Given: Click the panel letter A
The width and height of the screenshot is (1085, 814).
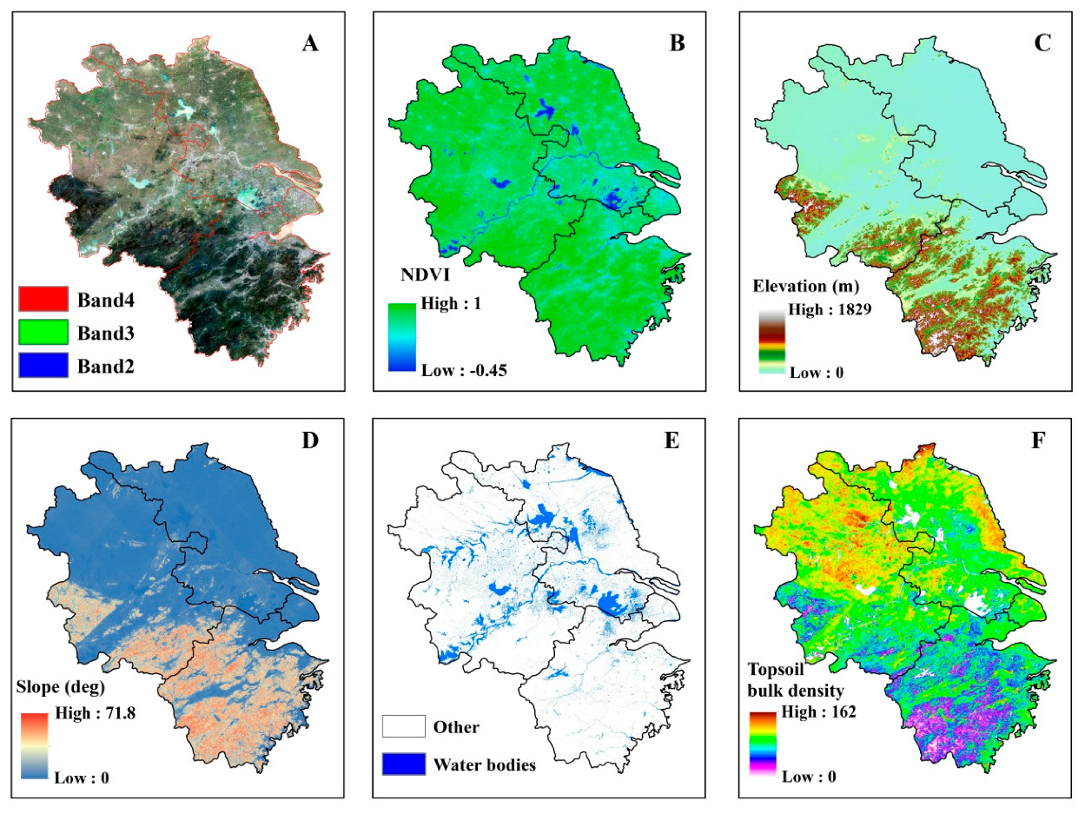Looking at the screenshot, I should pyautogui.click(x=310, y=44).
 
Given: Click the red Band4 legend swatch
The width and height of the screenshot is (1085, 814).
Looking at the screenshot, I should pyautogui.click(x=43, y=299).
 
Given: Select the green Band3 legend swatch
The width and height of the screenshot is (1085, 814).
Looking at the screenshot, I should pyautogui.click(x=43, y=332).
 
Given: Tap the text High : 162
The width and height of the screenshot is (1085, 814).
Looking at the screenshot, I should pyautogui.click(x=820, y=712).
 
